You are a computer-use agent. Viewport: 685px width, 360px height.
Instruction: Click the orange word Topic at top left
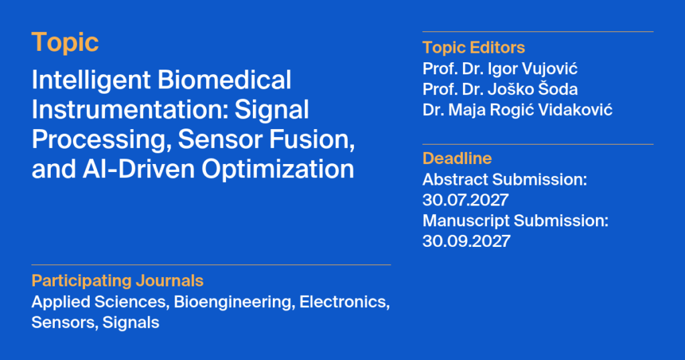pos(65,43)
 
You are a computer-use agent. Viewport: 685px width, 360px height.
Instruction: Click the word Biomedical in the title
pos(224,80)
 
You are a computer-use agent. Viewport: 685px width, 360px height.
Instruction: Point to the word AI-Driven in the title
pos(138,169)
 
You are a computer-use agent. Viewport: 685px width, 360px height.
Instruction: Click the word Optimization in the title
pos(278,169)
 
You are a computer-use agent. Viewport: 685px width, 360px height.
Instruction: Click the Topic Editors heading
pos(474,48)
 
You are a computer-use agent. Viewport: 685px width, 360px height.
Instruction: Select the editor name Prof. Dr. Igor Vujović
pos(500,69)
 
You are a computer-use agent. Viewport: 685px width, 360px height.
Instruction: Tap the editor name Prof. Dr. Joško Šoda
pos(500,89)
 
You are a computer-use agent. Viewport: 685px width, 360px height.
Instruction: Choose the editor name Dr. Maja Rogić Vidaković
pos(517,110)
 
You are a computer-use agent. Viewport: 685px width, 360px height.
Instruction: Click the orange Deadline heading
pos(457,158)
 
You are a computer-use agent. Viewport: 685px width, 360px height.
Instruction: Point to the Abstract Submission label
pos(504,179)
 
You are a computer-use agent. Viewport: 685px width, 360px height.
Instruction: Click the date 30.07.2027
pos(466,200)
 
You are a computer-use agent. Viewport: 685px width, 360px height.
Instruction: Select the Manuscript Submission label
pos(516,221)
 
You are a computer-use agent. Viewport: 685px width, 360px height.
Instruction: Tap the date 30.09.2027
pos(466,241)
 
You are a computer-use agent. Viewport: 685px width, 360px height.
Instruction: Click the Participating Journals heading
pos(118,280)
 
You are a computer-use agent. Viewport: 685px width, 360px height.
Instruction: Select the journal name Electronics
pos(345,302)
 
